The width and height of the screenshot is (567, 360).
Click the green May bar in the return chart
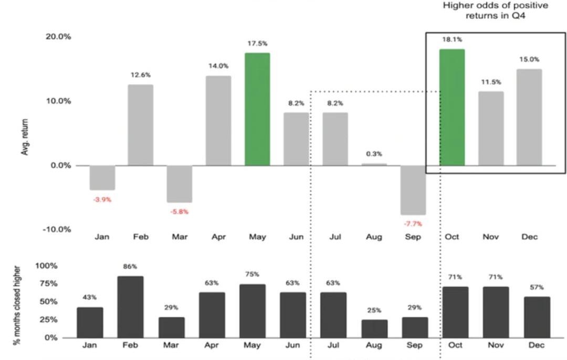257,109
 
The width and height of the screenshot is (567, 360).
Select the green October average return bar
451,107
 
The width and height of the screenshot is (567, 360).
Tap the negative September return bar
413,190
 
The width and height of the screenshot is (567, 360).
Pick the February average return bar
141,125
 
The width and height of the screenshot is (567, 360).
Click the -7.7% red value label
413,224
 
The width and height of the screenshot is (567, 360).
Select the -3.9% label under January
102,199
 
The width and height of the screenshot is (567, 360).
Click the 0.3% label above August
374,154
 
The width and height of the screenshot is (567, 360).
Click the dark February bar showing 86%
131,306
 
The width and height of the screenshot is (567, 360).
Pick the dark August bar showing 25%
374,329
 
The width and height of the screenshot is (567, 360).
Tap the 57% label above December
537,288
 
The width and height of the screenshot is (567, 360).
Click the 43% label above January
90,298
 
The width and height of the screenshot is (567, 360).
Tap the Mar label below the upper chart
180,237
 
